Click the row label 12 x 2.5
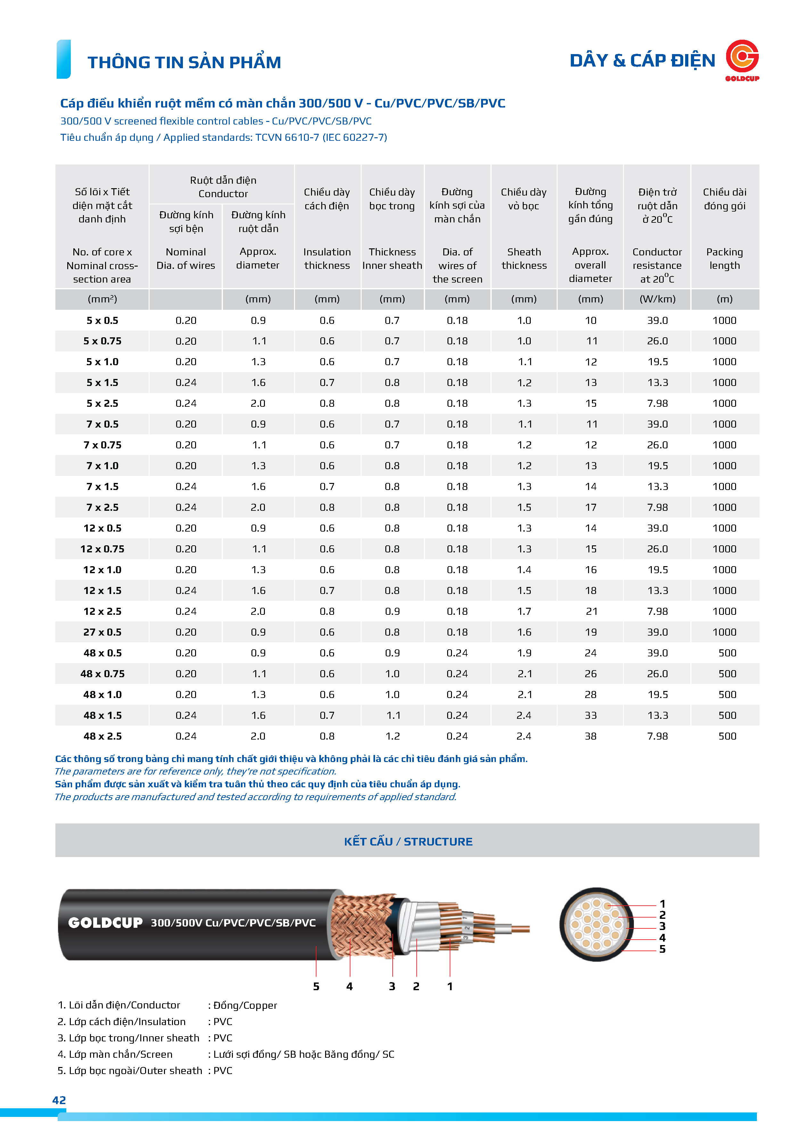coord(102,611)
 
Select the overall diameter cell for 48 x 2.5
coord(590,736)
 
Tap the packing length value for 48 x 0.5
coord(727,653)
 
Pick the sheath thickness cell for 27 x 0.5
coord(524,632)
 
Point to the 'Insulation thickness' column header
coord(327,258)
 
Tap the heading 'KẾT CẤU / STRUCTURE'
coord(408,841)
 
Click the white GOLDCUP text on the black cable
coord(105,922)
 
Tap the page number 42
coord(59,1100)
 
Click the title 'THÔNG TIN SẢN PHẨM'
coord(184,62)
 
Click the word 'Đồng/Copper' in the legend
coord(245,1005)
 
